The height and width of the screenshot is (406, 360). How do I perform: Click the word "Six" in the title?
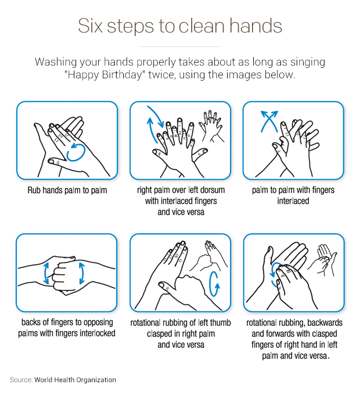90,26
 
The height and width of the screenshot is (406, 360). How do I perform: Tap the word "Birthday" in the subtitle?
122,75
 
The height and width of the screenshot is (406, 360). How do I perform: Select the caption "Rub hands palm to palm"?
67,190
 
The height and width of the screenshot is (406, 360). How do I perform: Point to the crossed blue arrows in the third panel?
269,121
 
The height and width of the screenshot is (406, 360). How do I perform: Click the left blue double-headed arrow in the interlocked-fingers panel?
46,273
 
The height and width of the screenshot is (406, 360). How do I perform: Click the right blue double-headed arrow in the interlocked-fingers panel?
82,273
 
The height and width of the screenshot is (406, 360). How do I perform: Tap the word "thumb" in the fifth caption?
220,322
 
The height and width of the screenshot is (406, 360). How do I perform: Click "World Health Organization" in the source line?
75,380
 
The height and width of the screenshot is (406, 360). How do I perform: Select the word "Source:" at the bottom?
21,380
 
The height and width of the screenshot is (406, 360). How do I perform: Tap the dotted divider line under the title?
180,46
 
